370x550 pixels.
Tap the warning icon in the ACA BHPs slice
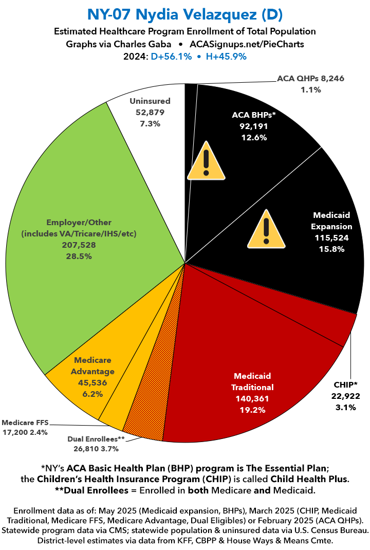(206, 162)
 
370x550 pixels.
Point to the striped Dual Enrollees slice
(149, 416)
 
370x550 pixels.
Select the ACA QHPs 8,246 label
(310, 79)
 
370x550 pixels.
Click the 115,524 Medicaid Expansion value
(332, 237)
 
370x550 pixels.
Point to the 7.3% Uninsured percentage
(150, 124)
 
